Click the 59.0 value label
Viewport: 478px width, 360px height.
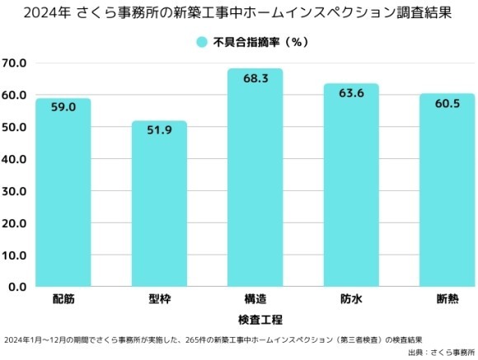point(63,107)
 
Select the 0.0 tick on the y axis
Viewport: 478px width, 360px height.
point(17,288)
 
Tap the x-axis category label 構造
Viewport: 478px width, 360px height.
point(255,299)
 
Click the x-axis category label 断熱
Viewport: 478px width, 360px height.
point(446,299)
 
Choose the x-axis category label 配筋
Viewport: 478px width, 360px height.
point(63,299)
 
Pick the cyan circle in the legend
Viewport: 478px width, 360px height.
point(201,41)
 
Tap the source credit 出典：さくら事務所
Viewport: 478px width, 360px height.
point(442,352)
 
